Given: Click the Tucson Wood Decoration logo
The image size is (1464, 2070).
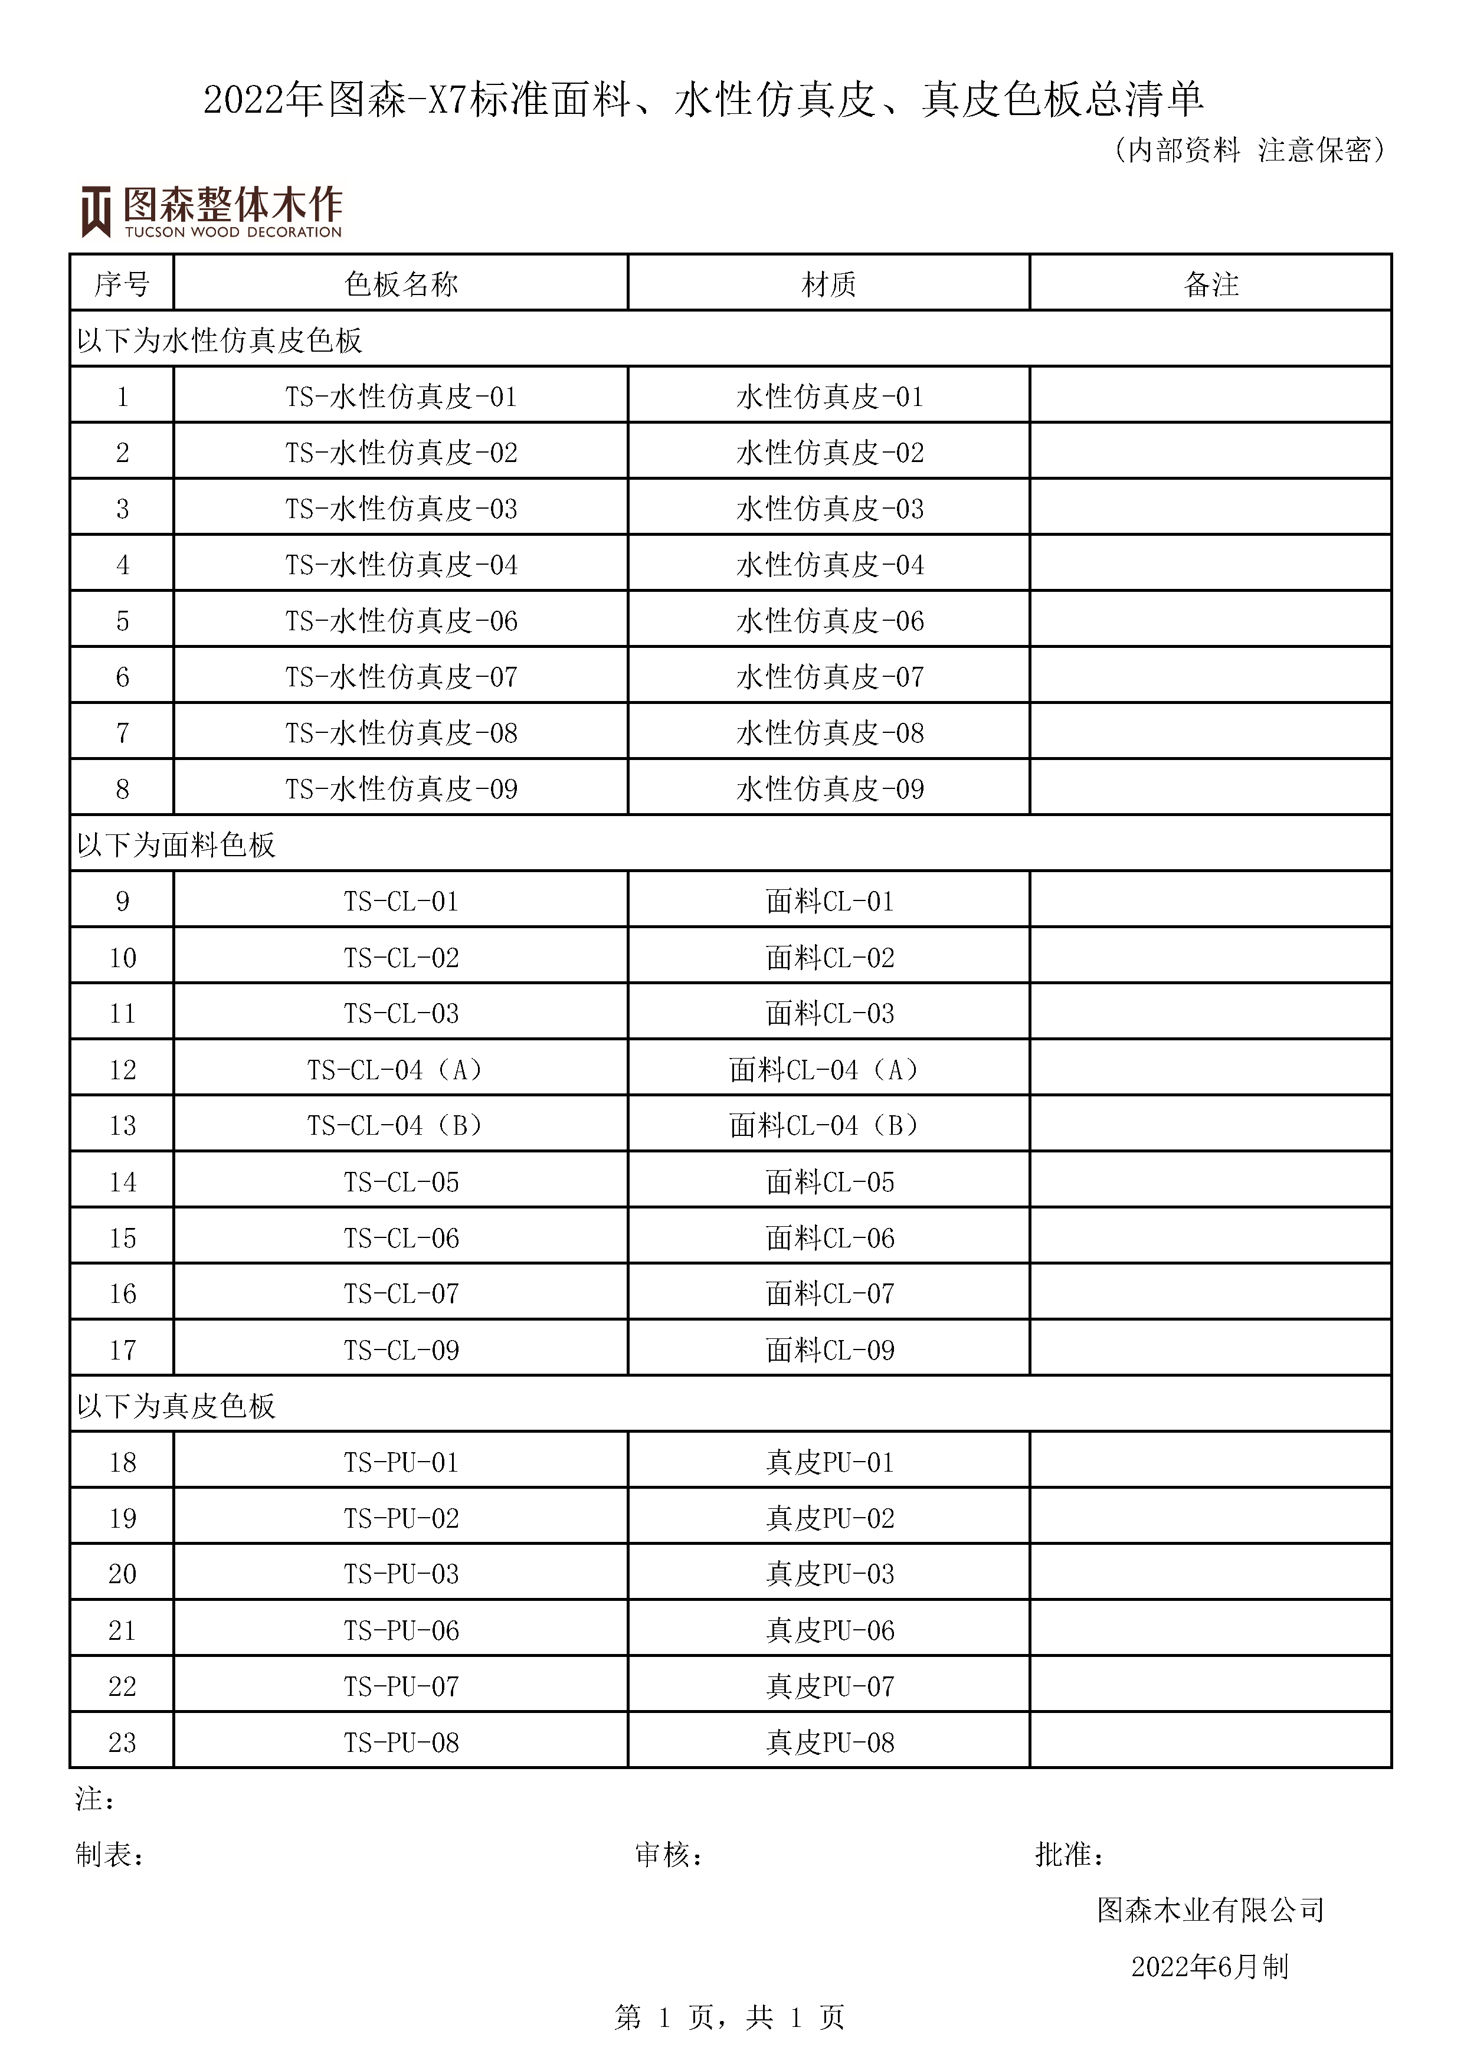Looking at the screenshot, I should coord(212,212).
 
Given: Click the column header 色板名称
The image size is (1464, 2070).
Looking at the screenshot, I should coord(401,285).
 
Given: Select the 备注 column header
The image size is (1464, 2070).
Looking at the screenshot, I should coord(1211,285).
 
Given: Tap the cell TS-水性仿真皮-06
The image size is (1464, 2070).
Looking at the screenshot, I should coord(401,621).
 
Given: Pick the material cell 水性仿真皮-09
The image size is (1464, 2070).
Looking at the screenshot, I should coord(829,790).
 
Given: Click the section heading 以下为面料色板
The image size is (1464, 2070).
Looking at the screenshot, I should coord(176,846).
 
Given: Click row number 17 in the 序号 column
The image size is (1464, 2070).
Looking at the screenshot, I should coord(123,1351).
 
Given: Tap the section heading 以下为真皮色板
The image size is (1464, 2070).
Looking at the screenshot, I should coord(176,1406).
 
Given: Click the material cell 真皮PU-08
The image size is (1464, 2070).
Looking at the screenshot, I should coord(829,1743).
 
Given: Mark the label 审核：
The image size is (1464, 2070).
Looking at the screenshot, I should coord(669,1855).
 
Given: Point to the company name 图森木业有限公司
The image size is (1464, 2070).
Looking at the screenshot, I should coord(1210,1911).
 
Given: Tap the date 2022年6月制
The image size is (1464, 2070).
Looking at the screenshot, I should coord(1210,1966).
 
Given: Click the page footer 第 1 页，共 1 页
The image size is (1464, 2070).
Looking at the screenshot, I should coord(729,2017).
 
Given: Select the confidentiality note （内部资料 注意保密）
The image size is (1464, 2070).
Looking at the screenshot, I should coord(1249,150).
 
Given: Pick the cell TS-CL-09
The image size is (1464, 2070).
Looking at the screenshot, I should coord(401,1351).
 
